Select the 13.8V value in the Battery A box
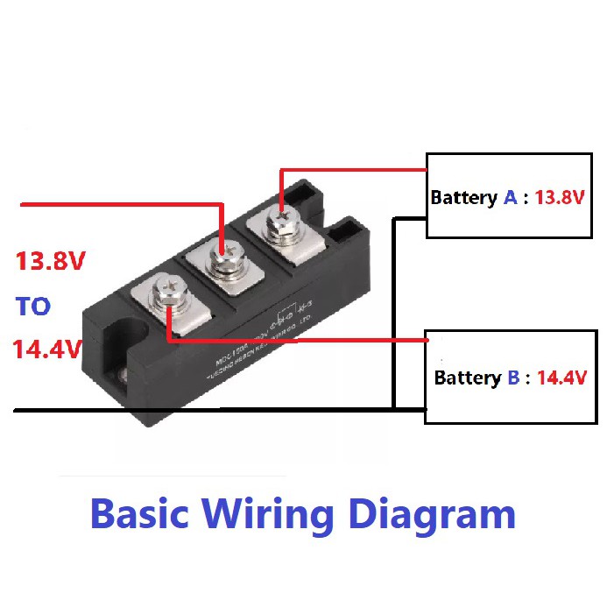[559, 197]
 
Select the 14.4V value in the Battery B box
[561, 378]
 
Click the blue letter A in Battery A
[510, 197]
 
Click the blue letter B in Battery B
[512, 378]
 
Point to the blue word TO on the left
[33, 307]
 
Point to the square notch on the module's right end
[348, 231]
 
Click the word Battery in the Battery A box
[463, 198]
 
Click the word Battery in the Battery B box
[467, 378]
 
